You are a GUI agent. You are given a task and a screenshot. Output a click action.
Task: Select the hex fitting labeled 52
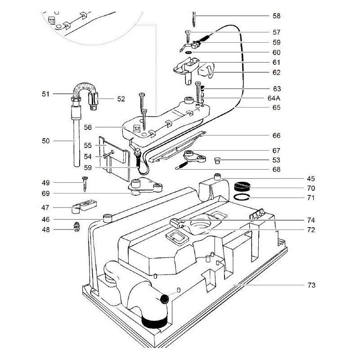click(x=95, y=99)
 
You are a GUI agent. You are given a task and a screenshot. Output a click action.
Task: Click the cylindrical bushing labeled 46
click(x=108, y=219)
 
